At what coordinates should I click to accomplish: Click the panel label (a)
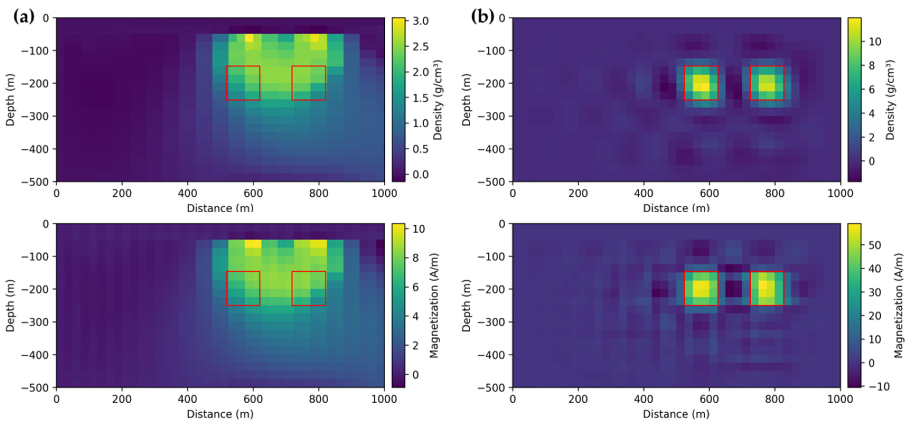click(x=24, y=17)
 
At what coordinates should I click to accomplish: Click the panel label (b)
click(x=482, y=17)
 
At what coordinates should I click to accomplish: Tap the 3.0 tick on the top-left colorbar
click(x=420, y=21)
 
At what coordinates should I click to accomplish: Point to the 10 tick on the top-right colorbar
click(x=875, y=42)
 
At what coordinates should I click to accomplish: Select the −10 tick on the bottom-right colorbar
click(x=878, y=386)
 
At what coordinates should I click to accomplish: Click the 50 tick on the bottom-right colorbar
click(x=875, y=245)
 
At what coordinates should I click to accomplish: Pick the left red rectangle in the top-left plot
click(x=243, y=83)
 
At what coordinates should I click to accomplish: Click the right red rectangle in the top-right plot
click(x=767, y=83)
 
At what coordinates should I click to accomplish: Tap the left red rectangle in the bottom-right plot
click(x=701, y=288)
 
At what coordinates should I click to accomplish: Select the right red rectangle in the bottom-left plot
click(x=309, y=288)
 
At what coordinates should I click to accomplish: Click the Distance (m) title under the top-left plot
click(x=220, y=208)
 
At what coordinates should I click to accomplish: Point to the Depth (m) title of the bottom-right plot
click(x=467, y=305)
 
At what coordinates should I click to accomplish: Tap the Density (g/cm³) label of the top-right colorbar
click(x=890, y=100)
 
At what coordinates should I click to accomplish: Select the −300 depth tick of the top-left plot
click(x=35, y=116)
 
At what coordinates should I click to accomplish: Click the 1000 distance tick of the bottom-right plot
click(x=840, y=399)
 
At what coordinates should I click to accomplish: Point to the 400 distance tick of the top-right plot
click(x=644, y=193)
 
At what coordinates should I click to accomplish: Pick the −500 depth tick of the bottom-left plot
click(x=35, y=388)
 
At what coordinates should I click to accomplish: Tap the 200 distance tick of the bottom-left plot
click(x=122, y=399)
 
